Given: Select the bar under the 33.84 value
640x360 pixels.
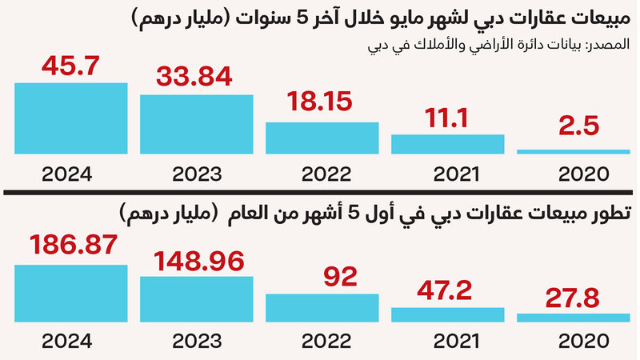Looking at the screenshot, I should pyautogui.click(x=196, y=124).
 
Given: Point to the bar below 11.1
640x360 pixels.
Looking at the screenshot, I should pyautogui.click(x=447, y=144).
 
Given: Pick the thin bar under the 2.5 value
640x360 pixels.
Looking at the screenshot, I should pyautogui.click(x=574, y=151).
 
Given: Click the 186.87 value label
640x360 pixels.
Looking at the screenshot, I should pyautogui.click(x=70, y=246).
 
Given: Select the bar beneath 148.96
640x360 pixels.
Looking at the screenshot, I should pyautogui.click(x=196, y=298).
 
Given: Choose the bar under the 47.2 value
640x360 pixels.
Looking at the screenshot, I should pyautogui.click(x=447, y=314).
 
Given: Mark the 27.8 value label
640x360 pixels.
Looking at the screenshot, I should pyautogui.click(x=574, y=298).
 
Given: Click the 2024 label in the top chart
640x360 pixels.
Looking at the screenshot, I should pyautogui.click(x=70, y=173).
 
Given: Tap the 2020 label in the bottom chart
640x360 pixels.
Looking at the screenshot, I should pyautogui.click(x=574, y=342).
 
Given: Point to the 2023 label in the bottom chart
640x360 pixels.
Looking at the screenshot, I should pyautogui.click(x=196, y=342).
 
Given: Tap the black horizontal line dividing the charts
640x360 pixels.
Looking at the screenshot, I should pyautogui.click(x=320, y=193).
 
